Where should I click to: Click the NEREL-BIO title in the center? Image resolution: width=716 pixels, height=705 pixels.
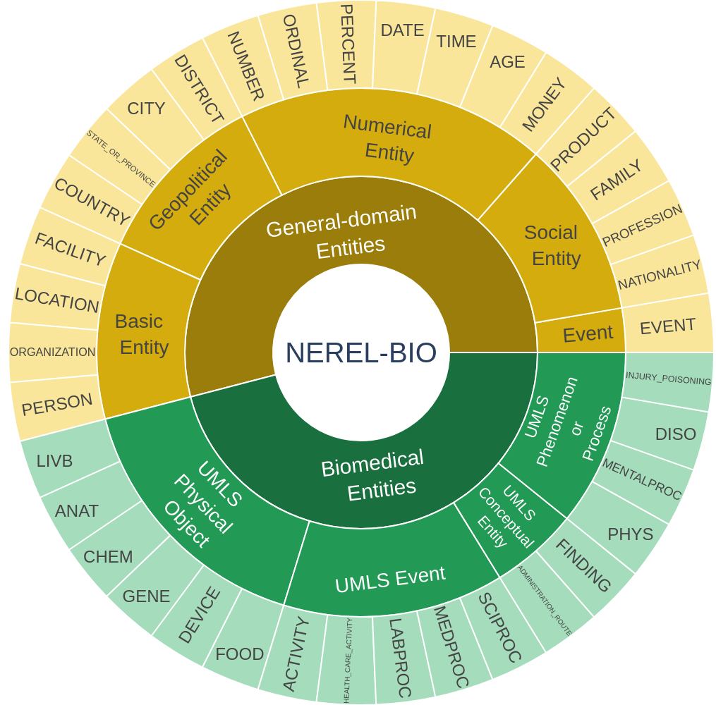(x=360, y=352)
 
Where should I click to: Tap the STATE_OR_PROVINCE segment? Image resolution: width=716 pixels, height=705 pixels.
(x=121, y=158)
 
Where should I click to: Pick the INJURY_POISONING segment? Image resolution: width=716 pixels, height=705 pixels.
(x=668, y=381)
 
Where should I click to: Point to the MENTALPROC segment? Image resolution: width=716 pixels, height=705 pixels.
(x=641, y=479)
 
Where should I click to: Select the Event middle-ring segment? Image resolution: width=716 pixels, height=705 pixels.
(x=587, y=333)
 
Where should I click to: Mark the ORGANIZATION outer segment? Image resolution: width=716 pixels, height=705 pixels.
(x=53, y=352)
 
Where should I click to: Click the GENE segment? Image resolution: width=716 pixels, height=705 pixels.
(x=146, y=596)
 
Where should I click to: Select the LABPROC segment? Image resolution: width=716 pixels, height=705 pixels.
(x=399, y=658)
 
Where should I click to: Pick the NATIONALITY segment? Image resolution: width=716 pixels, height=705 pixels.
(x=659, y=275)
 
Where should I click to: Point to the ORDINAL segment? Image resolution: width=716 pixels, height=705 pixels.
(x=295, y=50)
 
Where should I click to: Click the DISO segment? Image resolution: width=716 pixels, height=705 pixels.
(x=675, y=434)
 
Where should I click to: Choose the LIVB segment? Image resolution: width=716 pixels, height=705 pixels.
(x=55, y=461)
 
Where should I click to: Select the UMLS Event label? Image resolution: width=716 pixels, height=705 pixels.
(x=390, y=580)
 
